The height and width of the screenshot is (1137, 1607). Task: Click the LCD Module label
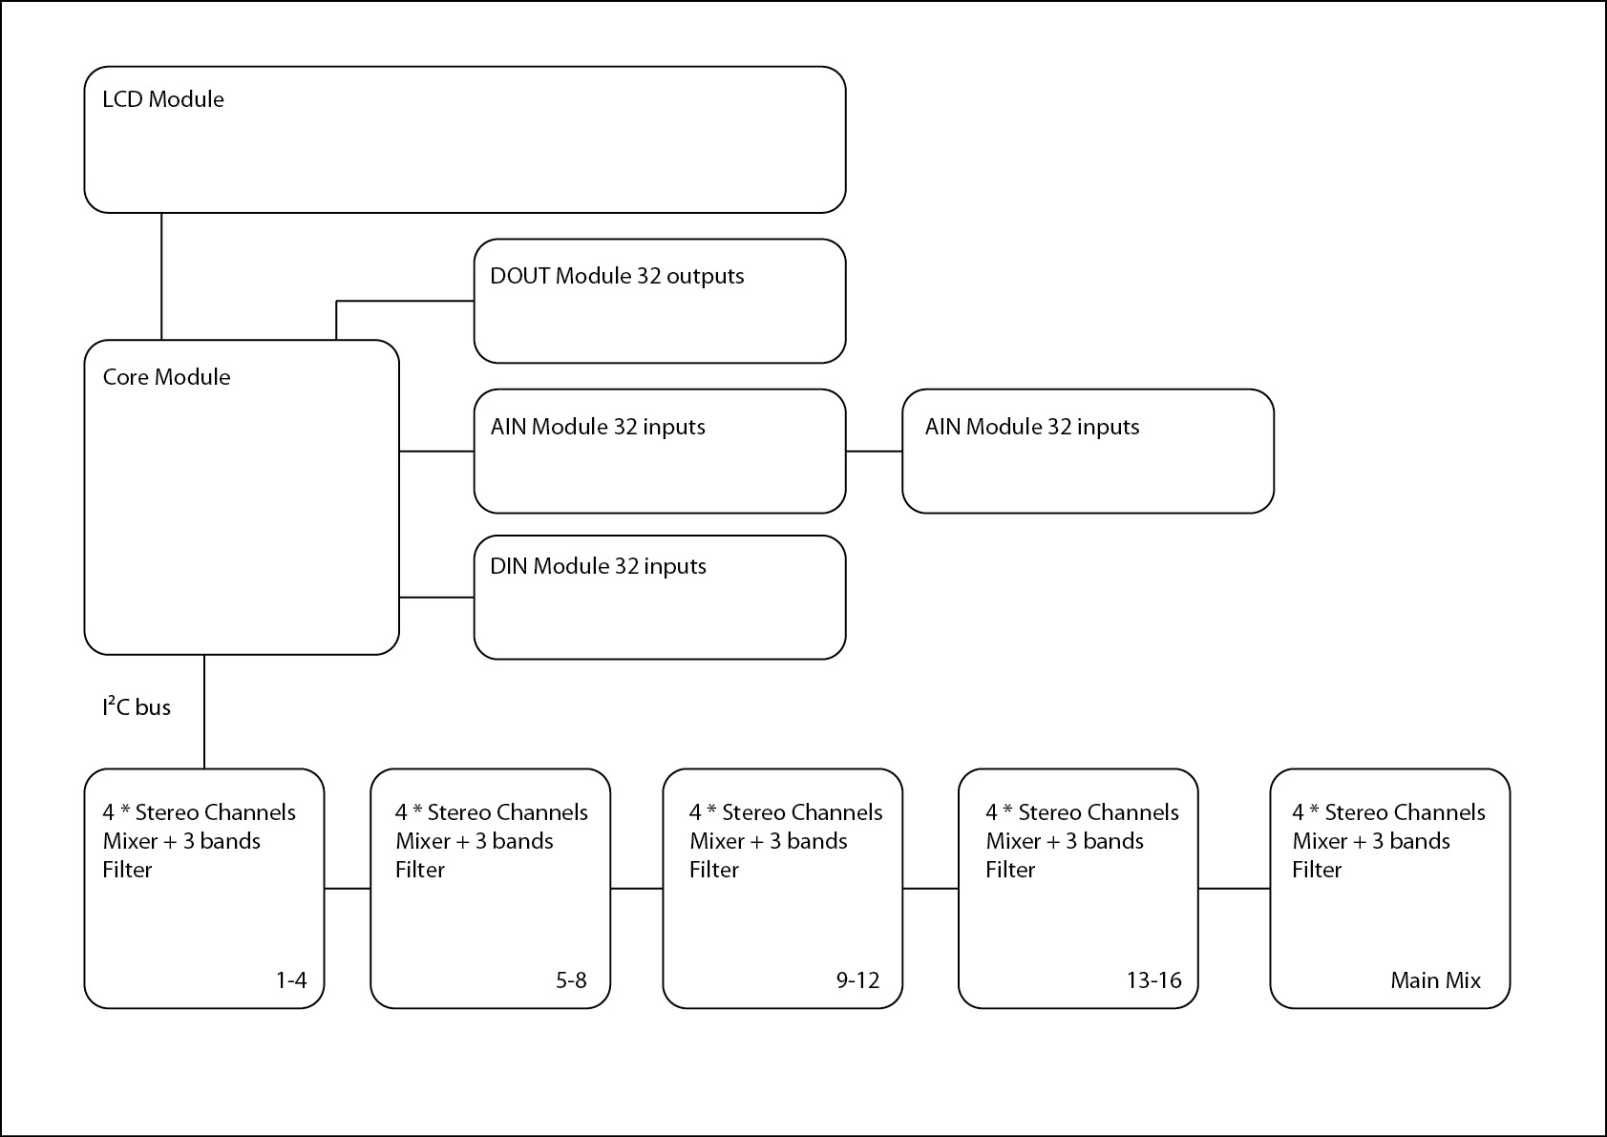163,99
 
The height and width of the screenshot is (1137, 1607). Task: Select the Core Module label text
166,376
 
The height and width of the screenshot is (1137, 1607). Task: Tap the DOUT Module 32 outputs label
617,276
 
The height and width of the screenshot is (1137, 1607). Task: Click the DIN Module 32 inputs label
598,566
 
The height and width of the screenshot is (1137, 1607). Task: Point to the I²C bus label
137,706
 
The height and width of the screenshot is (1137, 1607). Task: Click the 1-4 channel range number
291,979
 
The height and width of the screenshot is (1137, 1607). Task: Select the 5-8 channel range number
571,979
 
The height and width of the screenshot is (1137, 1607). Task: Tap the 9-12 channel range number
858,979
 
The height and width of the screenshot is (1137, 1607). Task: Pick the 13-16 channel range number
1153,979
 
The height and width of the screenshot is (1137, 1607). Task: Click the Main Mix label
1435,979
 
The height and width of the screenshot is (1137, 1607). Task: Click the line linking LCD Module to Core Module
161,276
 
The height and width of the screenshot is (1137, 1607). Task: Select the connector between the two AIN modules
874,452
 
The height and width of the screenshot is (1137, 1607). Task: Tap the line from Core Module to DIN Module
436,597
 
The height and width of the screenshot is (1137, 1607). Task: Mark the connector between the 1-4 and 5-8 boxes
348,889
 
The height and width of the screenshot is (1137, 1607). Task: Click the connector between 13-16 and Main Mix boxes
1234,889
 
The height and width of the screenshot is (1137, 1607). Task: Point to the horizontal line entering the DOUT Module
406,301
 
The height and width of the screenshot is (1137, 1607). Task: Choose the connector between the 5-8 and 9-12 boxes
636,889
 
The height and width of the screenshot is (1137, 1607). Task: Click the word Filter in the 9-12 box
714,870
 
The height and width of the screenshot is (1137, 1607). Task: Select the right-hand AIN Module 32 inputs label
1031,427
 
